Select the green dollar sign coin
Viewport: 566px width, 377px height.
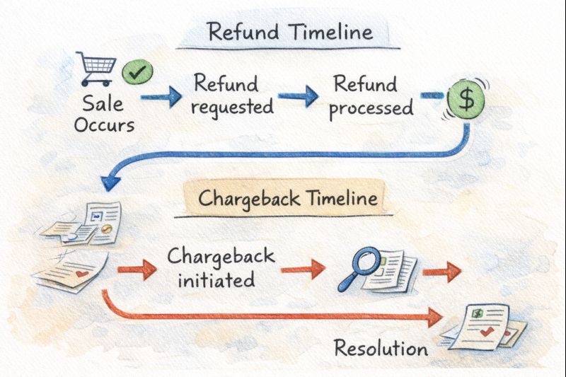[466, 99]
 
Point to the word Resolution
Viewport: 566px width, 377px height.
[381, 348]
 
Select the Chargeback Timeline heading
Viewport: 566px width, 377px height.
[287, 198]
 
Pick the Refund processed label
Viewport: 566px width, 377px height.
[371, 96]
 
